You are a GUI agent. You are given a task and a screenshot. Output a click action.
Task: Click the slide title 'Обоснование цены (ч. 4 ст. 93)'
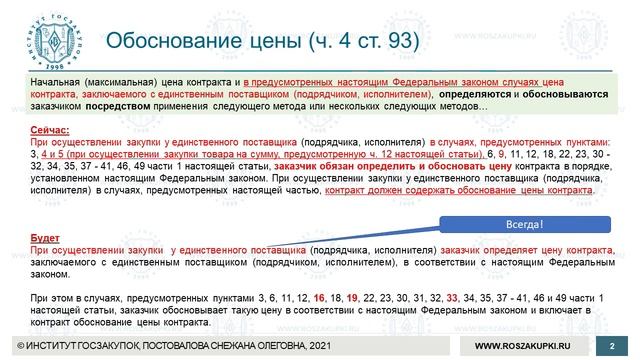(263, 42)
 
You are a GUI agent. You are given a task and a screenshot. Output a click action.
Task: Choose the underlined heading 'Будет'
(44, 236)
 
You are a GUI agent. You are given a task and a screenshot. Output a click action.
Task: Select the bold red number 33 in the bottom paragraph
(453, 298)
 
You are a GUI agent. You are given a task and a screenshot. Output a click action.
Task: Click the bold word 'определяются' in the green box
(468, 94)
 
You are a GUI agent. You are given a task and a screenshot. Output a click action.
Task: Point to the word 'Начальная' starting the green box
(55, 82)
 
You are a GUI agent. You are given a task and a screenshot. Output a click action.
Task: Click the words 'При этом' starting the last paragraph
(49, 298)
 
